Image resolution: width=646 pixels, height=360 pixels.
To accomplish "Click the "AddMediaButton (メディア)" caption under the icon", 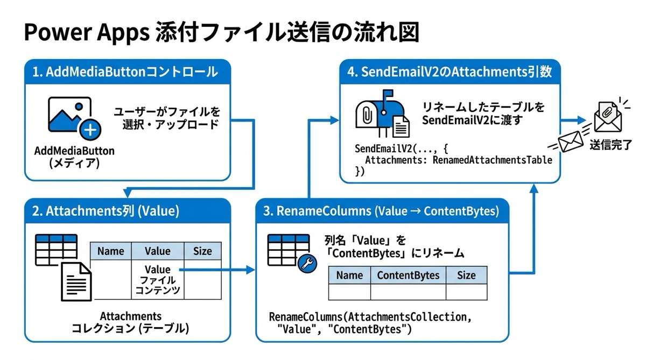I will point(74,157).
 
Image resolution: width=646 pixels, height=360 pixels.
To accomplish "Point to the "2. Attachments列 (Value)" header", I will point(113,211).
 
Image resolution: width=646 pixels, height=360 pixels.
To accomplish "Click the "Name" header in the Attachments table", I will point(111,251).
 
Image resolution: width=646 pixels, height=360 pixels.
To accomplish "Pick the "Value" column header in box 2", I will point(157,251).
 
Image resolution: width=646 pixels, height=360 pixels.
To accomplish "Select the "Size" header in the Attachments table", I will point(202,251).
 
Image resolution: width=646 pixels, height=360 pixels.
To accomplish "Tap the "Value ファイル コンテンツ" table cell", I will point(157,280).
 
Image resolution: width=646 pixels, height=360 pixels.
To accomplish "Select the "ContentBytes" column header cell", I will point(408,275).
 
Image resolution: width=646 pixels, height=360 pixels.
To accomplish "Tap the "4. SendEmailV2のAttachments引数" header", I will point(449,72).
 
